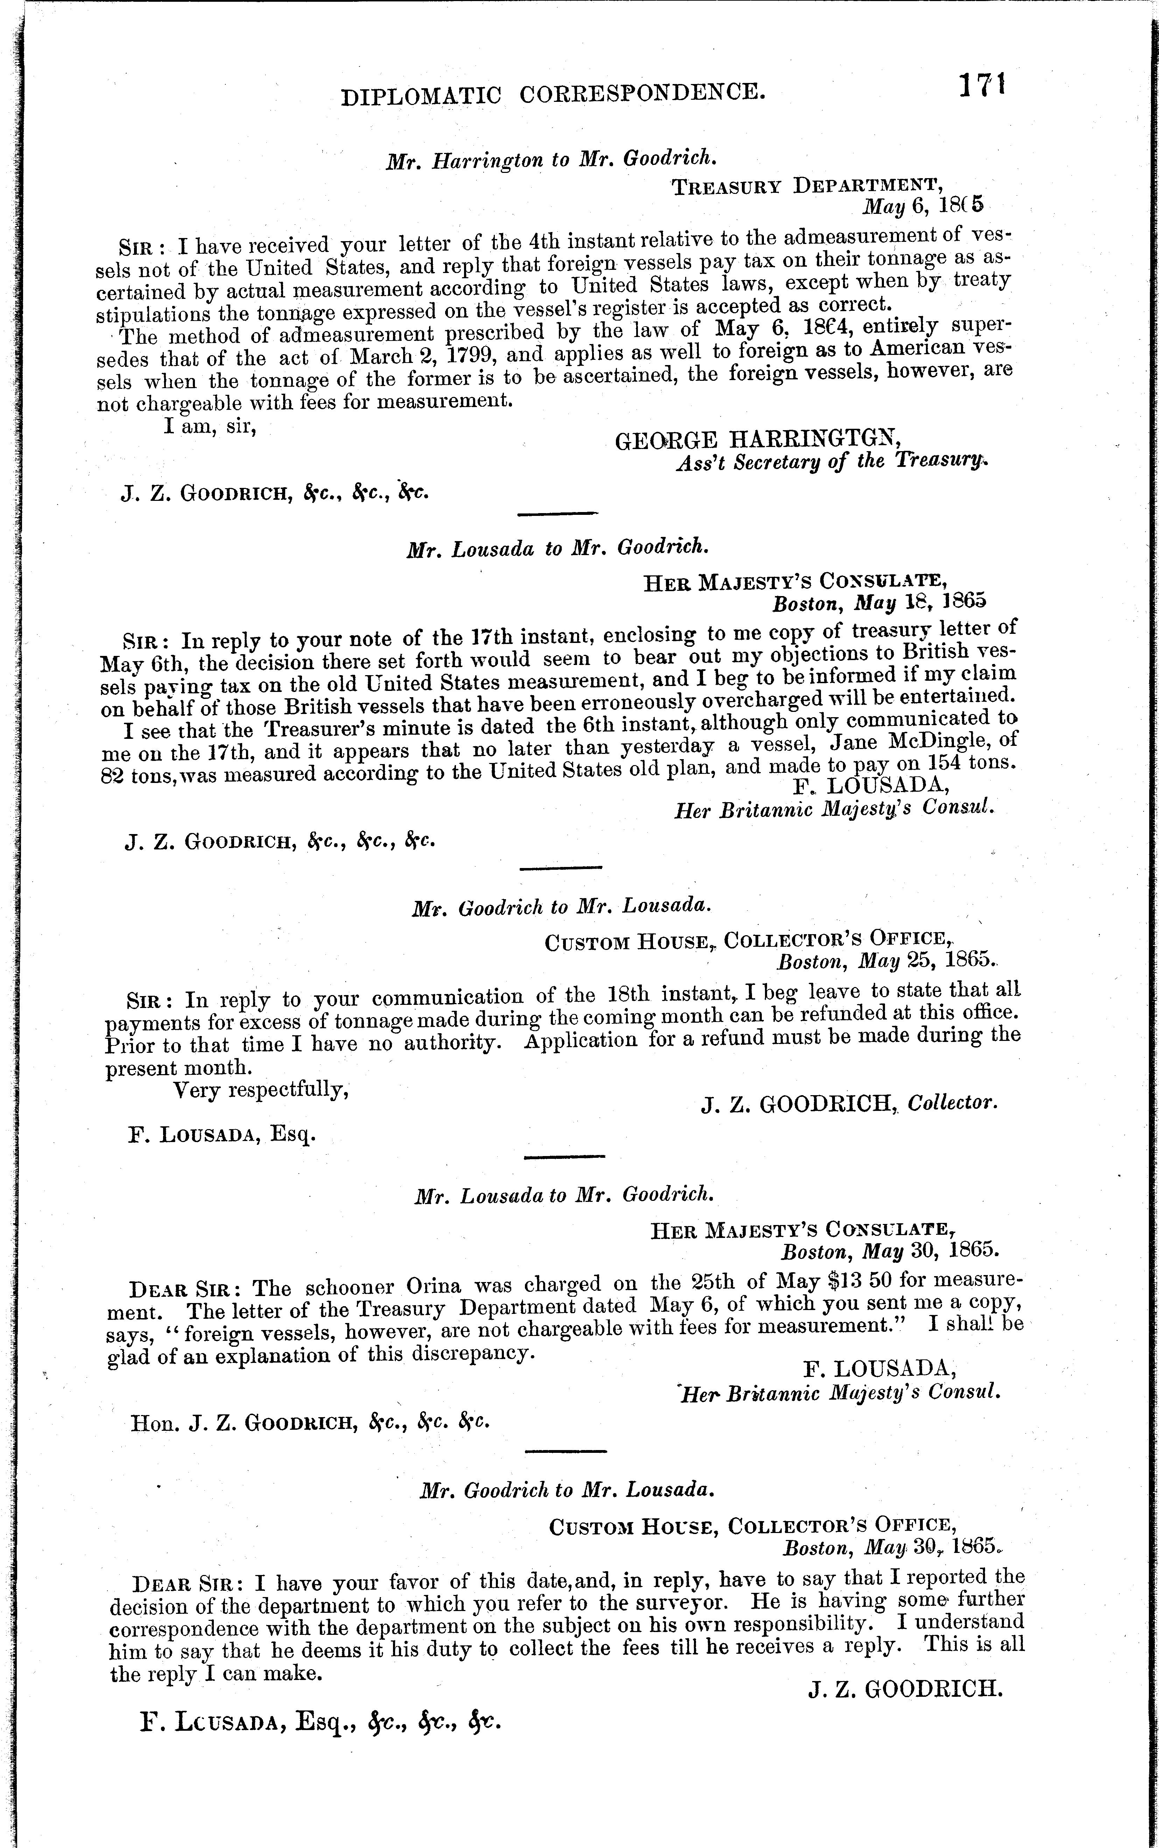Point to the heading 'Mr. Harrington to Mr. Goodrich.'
[x=552, y=159]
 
